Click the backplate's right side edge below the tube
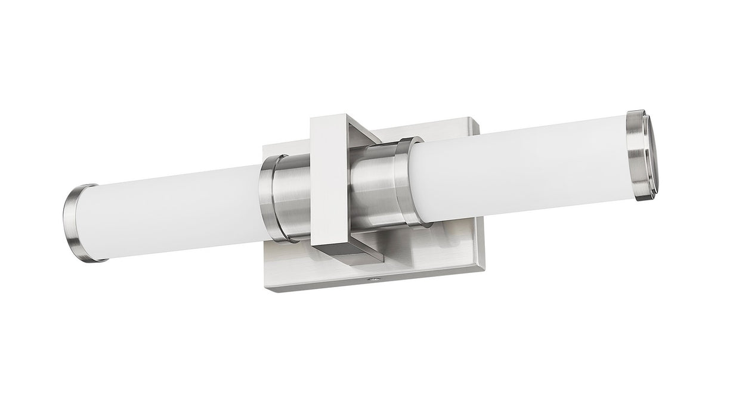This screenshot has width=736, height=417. [480, 244]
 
